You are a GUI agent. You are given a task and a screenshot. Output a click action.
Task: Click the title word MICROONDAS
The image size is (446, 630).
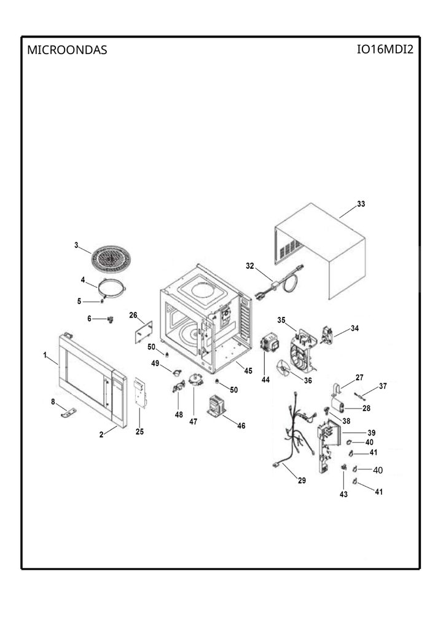(67, 50)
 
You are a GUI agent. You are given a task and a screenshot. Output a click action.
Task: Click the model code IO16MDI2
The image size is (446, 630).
(385, 49)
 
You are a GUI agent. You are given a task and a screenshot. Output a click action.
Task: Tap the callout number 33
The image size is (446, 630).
(361, 204)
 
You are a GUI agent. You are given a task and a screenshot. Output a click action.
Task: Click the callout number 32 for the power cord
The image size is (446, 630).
(250, 266)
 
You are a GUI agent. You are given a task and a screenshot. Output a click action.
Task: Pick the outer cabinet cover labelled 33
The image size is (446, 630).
(319, 251)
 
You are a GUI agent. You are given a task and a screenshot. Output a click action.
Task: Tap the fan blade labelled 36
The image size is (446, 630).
(284, 369)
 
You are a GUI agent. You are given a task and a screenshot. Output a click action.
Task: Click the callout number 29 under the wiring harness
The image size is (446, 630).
(302, 480)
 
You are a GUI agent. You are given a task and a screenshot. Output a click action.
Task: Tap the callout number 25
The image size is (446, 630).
(139, 432)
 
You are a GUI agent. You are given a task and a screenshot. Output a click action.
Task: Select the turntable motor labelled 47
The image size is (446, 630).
(195, 380)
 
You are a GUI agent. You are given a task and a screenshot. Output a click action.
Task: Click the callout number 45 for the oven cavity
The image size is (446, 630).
(248, 370)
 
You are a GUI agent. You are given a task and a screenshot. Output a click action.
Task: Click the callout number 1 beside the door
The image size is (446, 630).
(45, 355)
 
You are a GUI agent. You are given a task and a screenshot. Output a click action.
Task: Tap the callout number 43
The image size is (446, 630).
(344, 494)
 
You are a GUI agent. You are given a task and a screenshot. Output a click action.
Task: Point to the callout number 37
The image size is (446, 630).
(383, 386)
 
